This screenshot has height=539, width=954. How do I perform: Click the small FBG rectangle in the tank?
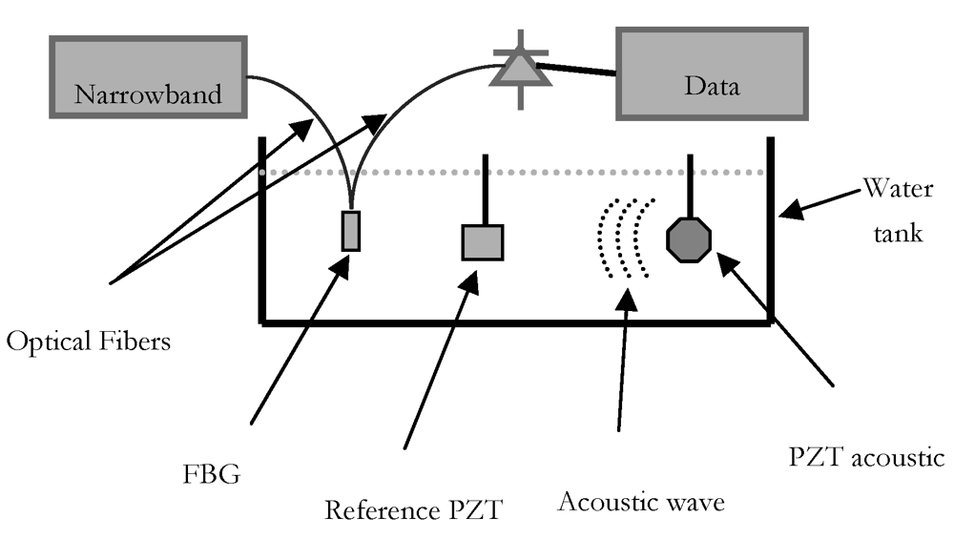pyautogui.click(x=351, y=231)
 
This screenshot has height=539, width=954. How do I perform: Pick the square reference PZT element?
pyautogui.click(x=483, y=241)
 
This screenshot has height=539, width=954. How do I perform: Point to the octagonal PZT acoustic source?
pyautogui.click(x=689, y=239)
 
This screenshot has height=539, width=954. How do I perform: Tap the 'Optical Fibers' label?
pyautogui.click(x=88, y=341)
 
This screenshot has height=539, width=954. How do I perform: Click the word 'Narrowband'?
pyautogui.click(x=147, y=94)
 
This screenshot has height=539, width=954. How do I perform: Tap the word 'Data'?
pyautogui.click(x=712, y=87)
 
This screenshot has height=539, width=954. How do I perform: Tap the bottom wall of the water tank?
pyautogui.click(x=515, y=323)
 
